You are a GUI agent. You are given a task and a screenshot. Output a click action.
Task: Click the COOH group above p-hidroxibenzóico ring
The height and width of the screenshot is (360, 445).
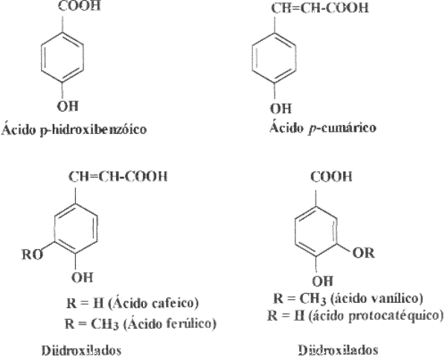80,6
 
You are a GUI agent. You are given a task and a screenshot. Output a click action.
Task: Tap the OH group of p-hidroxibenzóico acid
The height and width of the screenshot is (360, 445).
68,106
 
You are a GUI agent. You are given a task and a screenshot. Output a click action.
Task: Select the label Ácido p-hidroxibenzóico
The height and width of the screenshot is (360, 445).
74,129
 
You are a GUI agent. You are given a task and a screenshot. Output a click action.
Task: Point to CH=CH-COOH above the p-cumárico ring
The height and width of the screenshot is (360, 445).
320,7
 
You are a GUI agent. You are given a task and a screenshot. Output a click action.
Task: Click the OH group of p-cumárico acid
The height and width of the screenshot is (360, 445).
281,109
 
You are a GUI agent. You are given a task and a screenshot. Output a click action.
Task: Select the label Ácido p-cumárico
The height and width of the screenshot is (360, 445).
323,127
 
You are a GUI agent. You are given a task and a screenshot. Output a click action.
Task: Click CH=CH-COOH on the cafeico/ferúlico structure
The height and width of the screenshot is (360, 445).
118,176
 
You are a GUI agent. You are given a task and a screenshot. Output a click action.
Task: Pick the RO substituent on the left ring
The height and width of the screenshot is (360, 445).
32,254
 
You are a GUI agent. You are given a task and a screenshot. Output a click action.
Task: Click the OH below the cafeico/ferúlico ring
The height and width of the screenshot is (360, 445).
82,277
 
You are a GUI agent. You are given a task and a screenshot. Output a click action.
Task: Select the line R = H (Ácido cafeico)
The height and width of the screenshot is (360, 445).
132,303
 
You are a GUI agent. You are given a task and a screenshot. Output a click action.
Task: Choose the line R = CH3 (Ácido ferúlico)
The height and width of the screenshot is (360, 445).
141,324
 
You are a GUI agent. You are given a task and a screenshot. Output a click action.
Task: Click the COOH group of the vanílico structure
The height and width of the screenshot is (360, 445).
331,176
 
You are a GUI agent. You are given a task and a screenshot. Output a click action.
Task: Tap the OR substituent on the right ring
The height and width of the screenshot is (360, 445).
364,253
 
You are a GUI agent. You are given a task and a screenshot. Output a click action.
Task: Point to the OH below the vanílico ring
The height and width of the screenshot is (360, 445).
322,281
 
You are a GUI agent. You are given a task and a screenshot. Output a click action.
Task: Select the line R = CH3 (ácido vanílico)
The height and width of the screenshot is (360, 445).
348,298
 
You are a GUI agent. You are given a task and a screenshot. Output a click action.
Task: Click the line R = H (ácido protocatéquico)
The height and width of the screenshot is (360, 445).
356,315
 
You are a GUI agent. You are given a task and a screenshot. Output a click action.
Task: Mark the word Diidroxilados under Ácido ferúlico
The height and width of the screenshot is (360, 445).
81,350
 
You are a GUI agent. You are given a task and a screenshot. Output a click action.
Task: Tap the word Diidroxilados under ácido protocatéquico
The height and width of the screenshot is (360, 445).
339,350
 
